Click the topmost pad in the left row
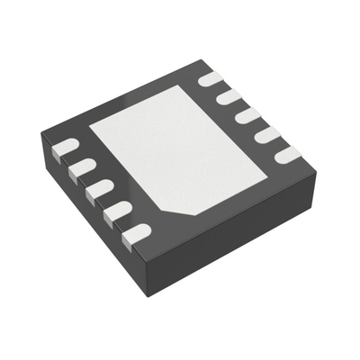pyautogui.click(x=65, y=146)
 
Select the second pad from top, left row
pyautogui.click(x=81, y=167)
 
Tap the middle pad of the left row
pyautogui.click(x=98, y=189)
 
